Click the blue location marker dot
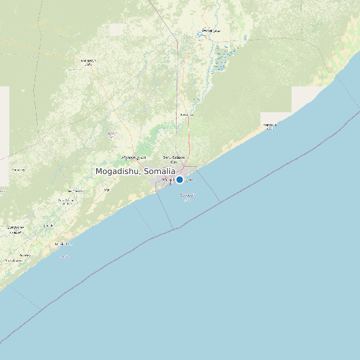coord(179,179)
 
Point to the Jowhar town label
coord(211,31)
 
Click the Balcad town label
coord(187,114)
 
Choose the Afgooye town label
coord(133,157)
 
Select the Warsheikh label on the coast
coord(269,126)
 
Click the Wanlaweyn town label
coord(88,62)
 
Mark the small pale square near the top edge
coord(116,29)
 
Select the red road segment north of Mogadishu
coord(189,141)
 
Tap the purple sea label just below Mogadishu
coord(187,196)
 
